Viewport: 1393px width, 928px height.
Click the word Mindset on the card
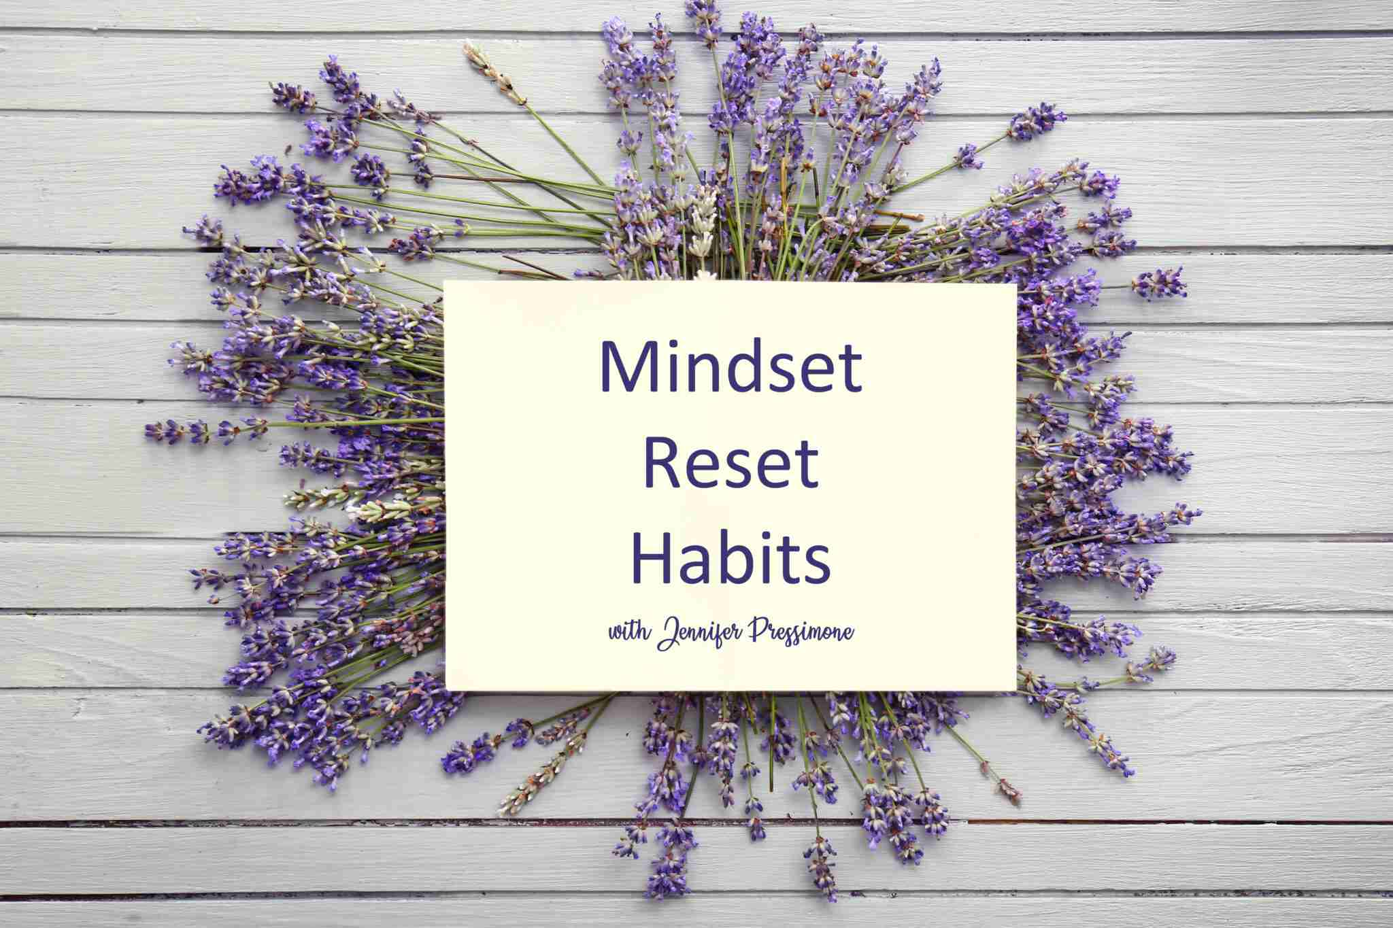731,366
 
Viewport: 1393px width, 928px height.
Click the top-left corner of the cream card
445,283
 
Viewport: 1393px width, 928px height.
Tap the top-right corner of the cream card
1016,283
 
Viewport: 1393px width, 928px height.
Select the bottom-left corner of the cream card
445,691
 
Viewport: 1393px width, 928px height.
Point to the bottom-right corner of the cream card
1016,691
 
